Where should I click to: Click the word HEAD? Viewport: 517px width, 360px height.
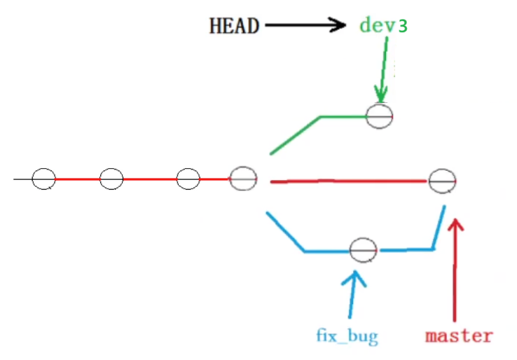(234, 27)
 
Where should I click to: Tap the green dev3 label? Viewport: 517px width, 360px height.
(382, 25)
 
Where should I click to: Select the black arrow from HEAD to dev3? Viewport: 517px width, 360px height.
(305, 26)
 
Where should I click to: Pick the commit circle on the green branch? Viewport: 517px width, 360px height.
(380, 116)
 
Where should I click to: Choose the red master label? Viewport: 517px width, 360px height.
(458, 335)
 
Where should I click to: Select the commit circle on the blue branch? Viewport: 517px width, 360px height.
(364, 249)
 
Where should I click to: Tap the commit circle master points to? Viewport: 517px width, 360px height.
(443, 181)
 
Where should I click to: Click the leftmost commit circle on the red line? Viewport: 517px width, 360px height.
(43, 179)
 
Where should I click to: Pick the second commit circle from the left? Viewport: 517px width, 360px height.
(111, 179)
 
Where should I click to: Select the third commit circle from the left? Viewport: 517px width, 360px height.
(188, 179)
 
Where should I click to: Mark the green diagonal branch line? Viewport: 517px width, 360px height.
(294, 134)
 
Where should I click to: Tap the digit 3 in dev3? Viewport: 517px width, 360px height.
(402, 26)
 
